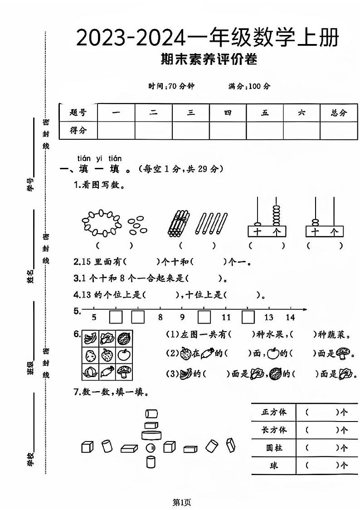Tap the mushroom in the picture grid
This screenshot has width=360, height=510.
[x=124, y=372]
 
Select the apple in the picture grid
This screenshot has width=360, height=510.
[x=124, y=355]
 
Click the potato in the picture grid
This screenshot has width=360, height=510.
[x=91, y=355]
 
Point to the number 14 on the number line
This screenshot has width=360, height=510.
[x=290, y=318]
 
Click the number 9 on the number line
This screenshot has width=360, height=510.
[x=182, y=318]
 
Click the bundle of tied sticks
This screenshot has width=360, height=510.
[x=178, y=223]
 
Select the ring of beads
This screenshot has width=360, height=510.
[x=102, y=222]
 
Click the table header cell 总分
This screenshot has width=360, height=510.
[x=339, y=113]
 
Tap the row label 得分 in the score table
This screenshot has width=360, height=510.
[x=78, y=131]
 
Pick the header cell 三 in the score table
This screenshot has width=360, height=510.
[x=191, y=113]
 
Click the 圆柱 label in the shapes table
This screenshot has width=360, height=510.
[x=274, y=448]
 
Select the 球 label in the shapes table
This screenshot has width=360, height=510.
[x=274, y=466]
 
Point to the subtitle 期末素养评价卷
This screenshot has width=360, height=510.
[x=209, y=59]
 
